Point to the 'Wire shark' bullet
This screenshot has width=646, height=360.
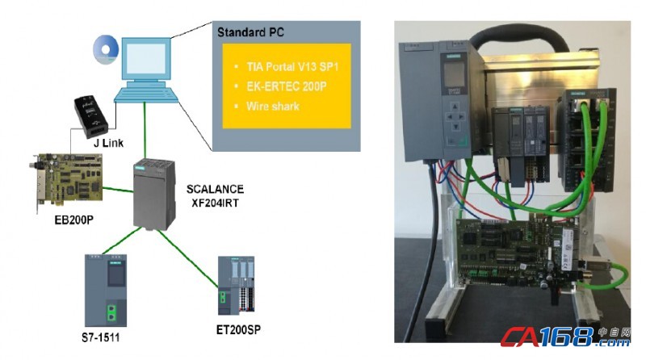pyautogui.click(x=268, y=106)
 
